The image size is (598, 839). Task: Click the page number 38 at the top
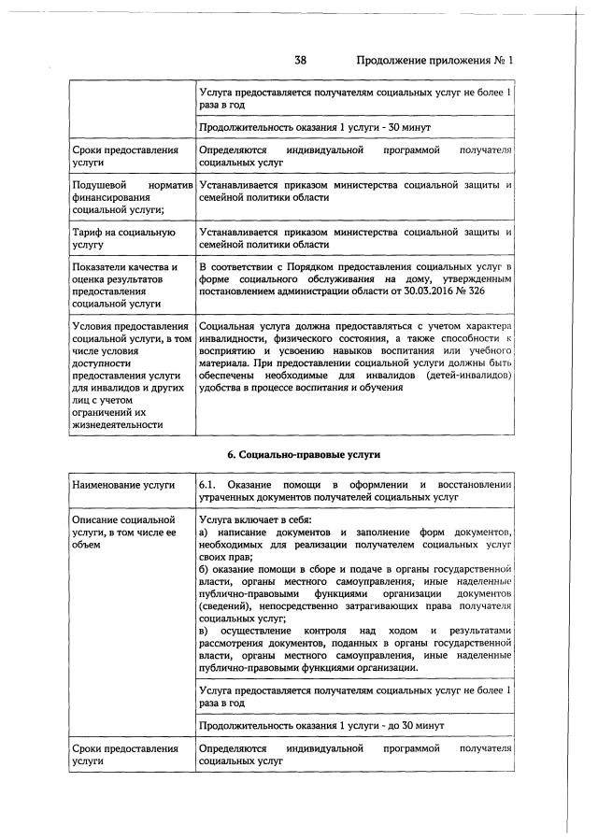(x=301, y=61)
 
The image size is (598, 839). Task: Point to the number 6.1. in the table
(x=207, y=485)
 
